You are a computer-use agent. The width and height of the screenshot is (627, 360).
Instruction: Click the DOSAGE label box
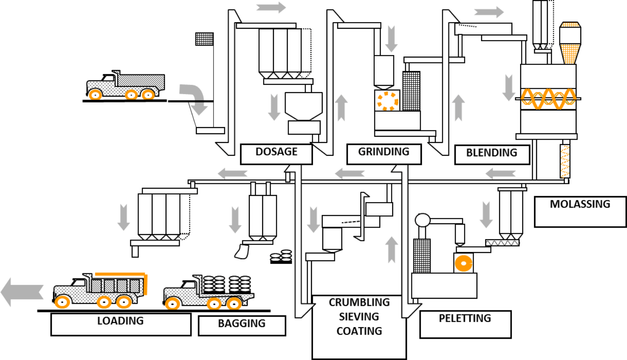coord(276,154)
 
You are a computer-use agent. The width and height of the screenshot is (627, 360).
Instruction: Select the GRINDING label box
coord(384,154)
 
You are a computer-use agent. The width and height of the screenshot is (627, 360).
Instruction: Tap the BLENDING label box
coord(492,155)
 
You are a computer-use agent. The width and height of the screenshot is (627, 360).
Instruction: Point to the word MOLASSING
coord(579,204)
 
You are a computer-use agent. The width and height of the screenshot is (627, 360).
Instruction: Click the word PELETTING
coord(465,318)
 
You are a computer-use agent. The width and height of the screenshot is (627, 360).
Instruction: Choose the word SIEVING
coord(359,317)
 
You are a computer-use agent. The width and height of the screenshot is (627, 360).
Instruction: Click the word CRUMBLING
coord(359,302)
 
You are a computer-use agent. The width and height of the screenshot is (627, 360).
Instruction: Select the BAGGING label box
coord(242,325)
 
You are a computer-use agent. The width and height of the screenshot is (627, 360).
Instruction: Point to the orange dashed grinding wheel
coord(387,101)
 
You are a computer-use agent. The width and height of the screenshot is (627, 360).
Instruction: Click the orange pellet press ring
coord(464,263)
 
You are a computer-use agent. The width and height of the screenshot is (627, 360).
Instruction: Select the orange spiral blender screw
coord(548,99)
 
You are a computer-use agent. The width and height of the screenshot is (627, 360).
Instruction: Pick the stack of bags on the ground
coord(281,256)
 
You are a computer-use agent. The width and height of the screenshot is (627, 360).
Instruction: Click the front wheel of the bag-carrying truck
coord(172,303)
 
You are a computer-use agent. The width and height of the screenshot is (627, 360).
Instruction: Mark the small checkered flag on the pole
coord(204,39)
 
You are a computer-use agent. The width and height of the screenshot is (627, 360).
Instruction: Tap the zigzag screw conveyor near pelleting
coord(502,242)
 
